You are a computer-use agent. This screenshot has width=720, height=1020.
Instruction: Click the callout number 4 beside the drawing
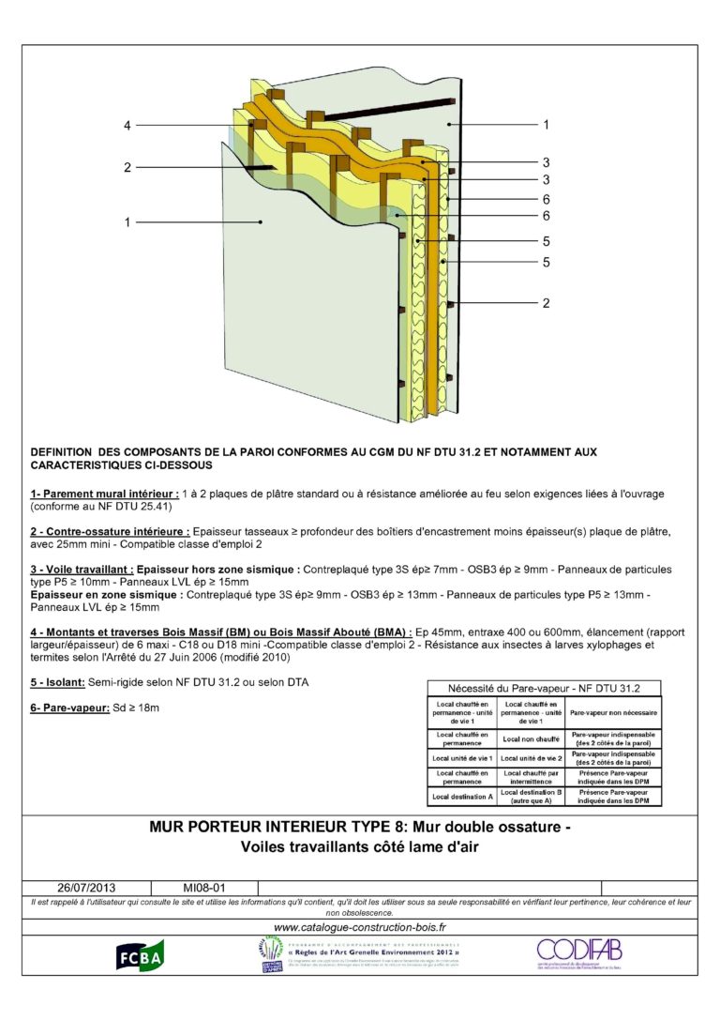pyautogui.click(x=128, y=126)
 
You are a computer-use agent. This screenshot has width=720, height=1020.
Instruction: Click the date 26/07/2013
pyautogui.click(x=86, y=887)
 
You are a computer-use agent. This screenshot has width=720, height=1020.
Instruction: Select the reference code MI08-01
pyautogui.click(x=203, y=887)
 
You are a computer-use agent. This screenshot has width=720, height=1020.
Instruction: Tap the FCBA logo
pyautogui.click(x=140, y=955)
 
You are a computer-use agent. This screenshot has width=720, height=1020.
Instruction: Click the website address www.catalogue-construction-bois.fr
pyautogui.click(x=360, y=927)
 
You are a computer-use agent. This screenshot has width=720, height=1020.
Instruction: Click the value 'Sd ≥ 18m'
pyautogui.click(x=141, y=707)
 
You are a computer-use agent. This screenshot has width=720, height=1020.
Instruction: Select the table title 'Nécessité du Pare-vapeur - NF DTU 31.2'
pyautogui.click(x=544, y=688)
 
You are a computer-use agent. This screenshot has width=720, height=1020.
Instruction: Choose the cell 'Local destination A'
pyautogui.click(x=462, y=796)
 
